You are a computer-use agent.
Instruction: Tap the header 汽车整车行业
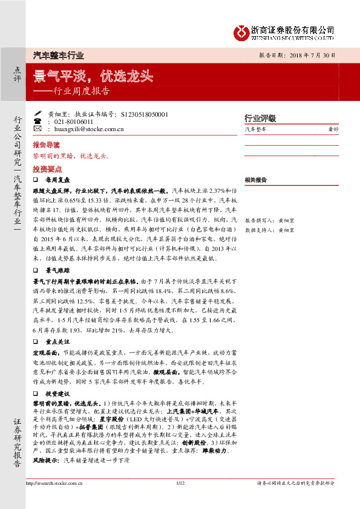click(x=58, y=55)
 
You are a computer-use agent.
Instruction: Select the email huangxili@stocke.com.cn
click(x=89, y=129)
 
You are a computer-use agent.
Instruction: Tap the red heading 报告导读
click(x=46, y=145)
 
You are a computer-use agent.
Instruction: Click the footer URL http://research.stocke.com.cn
click(x=54, y=499)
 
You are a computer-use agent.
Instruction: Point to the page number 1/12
click(x=180, y=499)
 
